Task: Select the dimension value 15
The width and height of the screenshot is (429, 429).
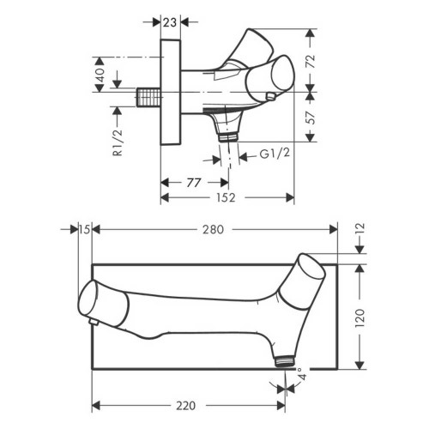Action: pyautogui.click(x=83, y=229)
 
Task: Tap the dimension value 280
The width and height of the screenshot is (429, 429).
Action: pyautogui.click(x=214, y=229)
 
